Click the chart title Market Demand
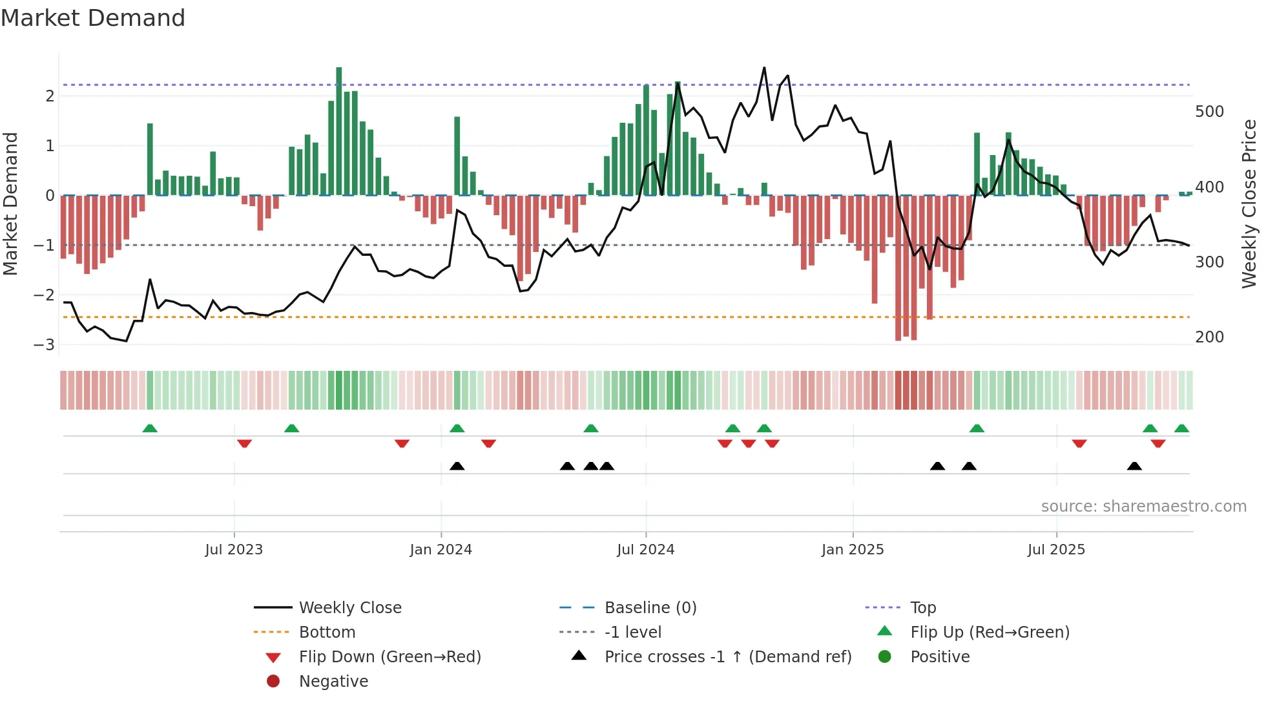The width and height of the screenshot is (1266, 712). click(x=93, y=18)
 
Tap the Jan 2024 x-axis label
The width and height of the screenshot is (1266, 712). click(x=441, y=550)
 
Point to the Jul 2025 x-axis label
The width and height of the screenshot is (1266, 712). click(x=1056, y=550)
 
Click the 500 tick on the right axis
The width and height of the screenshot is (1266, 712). click(x=1209, y=112)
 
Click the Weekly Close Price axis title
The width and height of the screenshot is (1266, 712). click(x=1249, y=204)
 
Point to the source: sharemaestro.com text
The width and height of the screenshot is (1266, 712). click(x=1143, y=507)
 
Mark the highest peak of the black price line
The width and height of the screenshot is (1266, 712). click(x=764, y=68)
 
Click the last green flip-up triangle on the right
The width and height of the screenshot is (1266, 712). click(x=1181, y=428)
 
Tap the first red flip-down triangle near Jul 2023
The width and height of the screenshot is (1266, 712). click(x=244, y=443)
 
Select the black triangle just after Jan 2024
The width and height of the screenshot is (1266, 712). click(x=457, y=466)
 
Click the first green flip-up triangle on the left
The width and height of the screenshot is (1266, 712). click(x=150, y=428)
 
